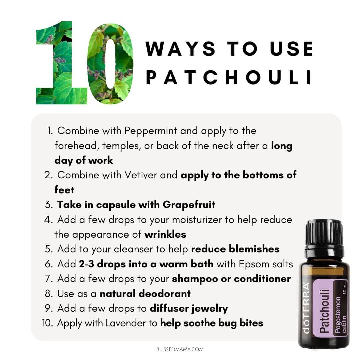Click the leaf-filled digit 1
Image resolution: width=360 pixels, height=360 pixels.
62,63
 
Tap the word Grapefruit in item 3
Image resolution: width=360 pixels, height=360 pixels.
189,205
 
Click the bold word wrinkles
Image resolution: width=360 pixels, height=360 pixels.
165,234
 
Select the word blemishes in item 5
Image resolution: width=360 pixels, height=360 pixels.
254,249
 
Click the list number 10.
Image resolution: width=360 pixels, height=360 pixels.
48,323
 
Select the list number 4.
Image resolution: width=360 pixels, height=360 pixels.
48,220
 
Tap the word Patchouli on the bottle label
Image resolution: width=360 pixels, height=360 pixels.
324,311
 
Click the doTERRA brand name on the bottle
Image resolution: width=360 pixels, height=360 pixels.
306,308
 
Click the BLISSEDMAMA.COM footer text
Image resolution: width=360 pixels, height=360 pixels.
180,349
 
